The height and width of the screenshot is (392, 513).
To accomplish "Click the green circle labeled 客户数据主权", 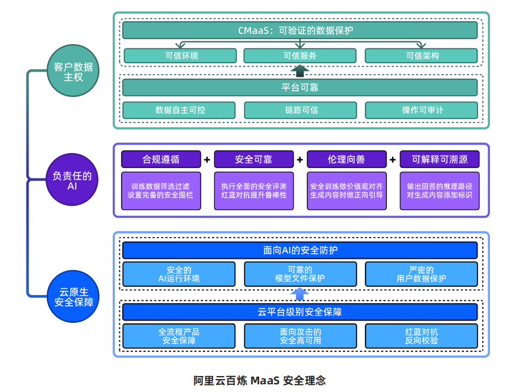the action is (x=73, y=70).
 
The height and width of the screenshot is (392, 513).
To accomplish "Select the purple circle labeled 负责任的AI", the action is (x=72, y=180).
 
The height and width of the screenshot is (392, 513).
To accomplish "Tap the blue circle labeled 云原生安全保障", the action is (x=73, y=296).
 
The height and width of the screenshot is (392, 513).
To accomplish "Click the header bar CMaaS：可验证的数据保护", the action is (x=300, y=31).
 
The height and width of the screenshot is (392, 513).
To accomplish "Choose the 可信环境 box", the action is (x=180, y=56).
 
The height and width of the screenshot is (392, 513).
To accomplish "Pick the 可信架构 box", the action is (x=421, y=56).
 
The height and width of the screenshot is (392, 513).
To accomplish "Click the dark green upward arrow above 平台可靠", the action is (x=300, y=70).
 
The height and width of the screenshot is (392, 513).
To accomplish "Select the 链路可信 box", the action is (x=300, y=110).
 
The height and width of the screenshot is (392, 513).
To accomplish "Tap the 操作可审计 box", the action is (x=421, y=110).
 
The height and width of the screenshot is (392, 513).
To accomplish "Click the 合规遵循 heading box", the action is (x=161, y=159).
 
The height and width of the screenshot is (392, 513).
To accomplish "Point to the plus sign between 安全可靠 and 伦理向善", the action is (x=300, y=160).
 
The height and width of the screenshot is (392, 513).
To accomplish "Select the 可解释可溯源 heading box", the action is (x=440, y=159).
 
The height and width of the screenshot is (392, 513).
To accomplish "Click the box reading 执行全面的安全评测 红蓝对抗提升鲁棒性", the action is (x=254, y=191).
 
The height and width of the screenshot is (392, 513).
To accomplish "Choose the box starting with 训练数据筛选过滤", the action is (x=161, y=191).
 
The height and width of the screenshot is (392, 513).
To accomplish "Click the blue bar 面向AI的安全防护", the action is (x=300, y=251).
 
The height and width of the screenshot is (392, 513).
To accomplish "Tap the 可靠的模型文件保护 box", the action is (x=300, y=274).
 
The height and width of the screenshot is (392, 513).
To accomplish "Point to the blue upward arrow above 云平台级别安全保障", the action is (x=300, y=294).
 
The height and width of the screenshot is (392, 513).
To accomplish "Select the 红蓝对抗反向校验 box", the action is (x=421, y=336).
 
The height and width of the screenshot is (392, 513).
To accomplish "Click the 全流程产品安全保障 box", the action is (x=179, y=336).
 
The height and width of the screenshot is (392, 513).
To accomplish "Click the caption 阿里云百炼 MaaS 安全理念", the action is (x=259, y=381).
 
